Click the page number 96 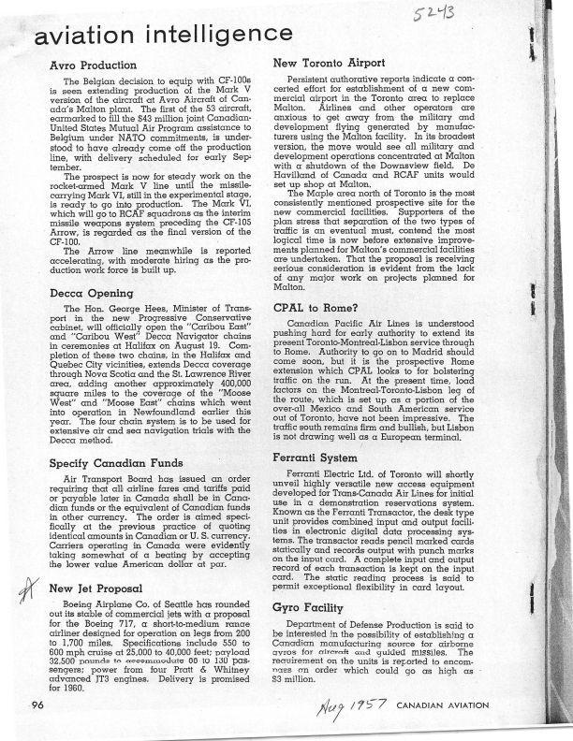point(38,704)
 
